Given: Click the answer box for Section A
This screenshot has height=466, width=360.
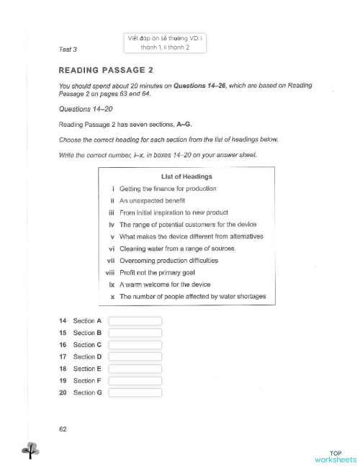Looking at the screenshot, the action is coord(135,321).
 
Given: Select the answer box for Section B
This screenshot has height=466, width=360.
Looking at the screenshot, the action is coord(135,333).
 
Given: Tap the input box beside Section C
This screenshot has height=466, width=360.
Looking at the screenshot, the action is coord(135,345).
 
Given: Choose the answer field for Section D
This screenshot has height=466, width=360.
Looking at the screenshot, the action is coord(135,357).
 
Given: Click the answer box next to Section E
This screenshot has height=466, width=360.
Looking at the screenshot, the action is coord(135,369).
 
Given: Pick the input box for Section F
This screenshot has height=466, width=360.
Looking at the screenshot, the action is coord(135,380).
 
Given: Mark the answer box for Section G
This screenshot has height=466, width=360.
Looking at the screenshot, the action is coord(135,393).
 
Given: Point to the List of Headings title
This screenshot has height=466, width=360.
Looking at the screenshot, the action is coord(187,176).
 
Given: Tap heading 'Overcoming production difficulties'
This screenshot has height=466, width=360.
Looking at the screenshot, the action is coord(168,260).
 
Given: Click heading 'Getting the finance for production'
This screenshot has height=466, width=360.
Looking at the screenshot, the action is coord(168,189).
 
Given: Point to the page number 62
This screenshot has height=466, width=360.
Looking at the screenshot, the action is coord(63,429).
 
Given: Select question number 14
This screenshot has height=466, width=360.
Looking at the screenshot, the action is coord(63,321).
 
